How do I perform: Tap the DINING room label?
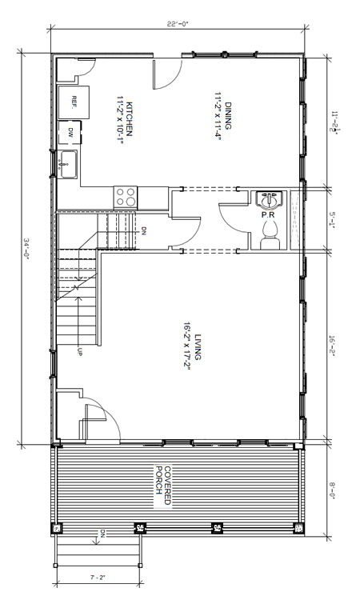click(x=228, y=115)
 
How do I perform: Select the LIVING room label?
click(x=198, y=346)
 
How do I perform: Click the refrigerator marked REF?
click(x=74, y=102)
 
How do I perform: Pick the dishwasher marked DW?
click(x=70, y=133)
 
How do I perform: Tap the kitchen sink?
click(x=67, y=164)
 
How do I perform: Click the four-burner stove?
click(x=126, y=197)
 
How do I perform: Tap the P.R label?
click(x=267, y=215)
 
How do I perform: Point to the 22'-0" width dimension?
click(x=178, y=24)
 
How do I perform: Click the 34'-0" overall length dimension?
click(x=26, y=246)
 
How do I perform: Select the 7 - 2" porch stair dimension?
click(x=98, y=578)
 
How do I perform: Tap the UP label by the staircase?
click(x=80, y=351)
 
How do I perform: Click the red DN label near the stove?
click(x=144, y=231)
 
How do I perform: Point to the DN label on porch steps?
click(x=103, y=534)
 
